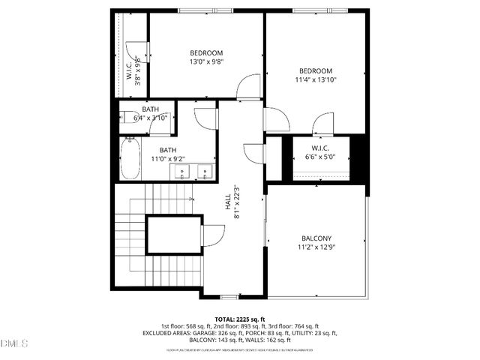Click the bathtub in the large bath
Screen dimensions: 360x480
pyautogui.click(x=129, y=158)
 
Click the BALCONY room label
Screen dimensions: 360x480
pyautogui.click(x=316, y=238)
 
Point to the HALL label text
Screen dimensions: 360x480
pyautogui.click(x=227, y=202)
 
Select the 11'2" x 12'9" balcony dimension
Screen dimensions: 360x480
pyautogui.click(x=316, y=247)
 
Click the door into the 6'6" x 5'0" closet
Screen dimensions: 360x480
pyautogui.click(x=324, y=124)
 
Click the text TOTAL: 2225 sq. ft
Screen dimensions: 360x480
pyautogui.click(x=240, y=318)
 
